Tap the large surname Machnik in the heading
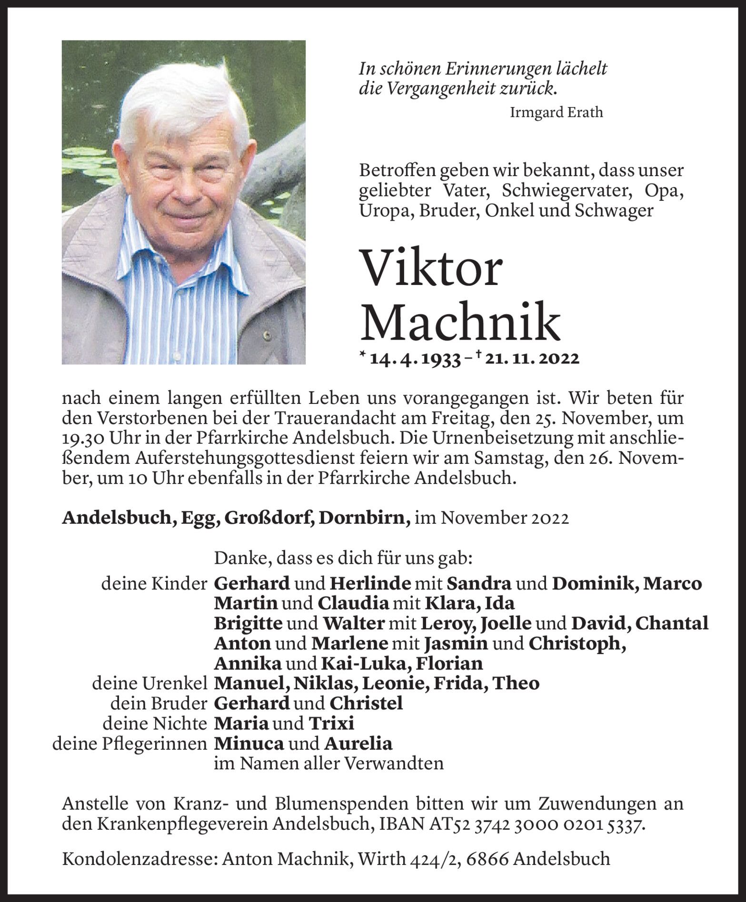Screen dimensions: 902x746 (460, 322)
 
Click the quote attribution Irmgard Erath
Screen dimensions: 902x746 (556, 113)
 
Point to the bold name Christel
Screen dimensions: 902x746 (366, 703)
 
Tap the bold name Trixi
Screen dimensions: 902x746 (332, 723)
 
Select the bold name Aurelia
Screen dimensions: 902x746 (358, 743)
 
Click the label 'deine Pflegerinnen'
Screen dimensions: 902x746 (129, 743)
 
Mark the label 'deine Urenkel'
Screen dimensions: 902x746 (149, 683)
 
